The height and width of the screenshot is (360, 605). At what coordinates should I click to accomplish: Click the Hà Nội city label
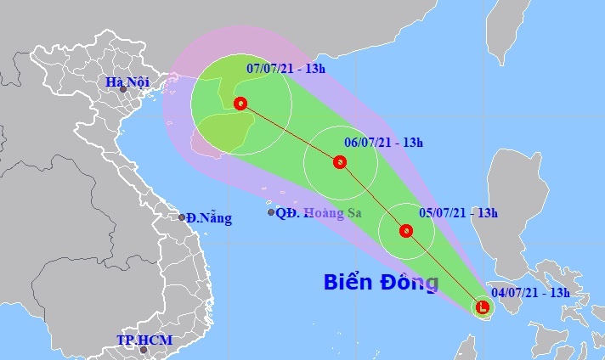[126, 82]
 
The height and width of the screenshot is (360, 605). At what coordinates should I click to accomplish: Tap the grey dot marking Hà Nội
[124, 88]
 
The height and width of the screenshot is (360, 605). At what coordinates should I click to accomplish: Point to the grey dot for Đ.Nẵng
[182, 217]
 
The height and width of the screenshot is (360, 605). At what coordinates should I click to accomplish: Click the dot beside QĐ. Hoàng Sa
[271, 212]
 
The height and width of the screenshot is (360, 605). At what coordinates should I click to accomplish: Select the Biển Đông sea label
[381, 282]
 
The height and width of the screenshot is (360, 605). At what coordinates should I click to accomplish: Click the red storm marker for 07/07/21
[240, 104]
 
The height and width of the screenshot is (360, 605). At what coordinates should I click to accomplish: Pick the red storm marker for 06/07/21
[340, 161]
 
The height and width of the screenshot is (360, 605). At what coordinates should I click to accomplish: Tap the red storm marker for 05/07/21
[406, 230]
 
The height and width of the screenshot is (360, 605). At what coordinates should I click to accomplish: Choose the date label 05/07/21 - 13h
[458, 213]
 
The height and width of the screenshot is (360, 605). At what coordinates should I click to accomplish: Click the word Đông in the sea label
[407, 282]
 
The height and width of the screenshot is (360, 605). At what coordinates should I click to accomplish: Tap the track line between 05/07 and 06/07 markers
[373, 196]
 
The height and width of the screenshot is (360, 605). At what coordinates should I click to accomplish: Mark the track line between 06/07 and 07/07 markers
[290, 132]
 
